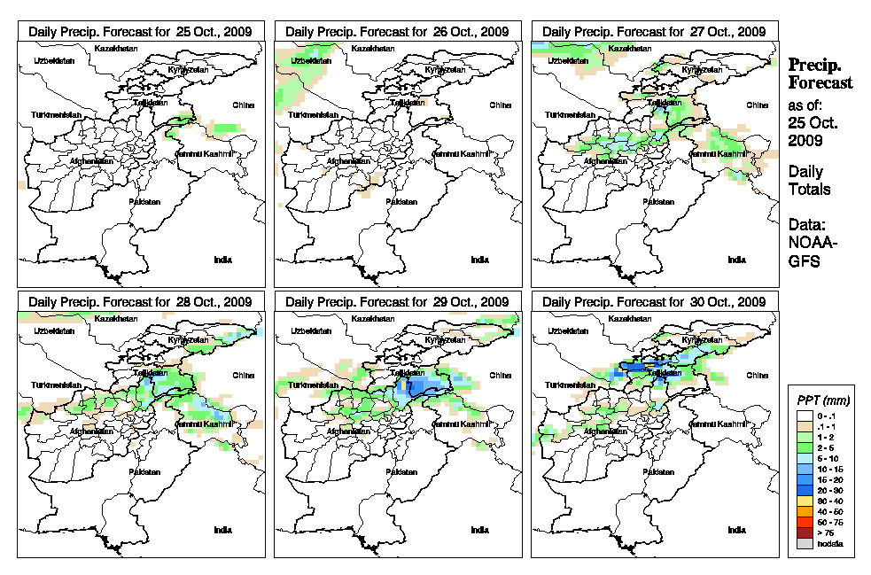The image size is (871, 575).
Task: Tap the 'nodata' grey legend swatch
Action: tap(804, 543)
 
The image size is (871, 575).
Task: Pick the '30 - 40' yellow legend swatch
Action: tap(804, 501)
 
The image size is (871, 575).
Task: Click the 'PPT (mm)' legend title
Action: tap(823, 401)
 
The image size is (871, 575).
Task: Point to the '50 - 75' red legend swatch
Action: tap(804, 522)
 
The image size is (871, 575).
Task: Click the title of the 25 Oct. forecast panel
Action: tap(140, 31)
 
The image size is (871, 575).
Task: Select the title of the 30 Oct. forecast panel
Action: tap(654, 302)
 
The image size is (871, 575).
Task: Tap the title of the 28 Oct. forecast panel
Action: tap(140, 302)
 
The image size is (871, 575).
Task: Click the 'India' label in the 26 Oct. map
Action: tap(478, 260)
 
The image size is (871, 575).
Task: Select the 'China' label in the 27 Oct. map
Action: tap(757, 105)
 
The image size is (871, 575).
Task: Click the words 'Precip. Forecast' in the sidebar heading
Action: tap(820, 74)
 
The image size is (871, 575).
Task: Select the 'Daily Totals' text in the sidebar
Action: tap(809, 180)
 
